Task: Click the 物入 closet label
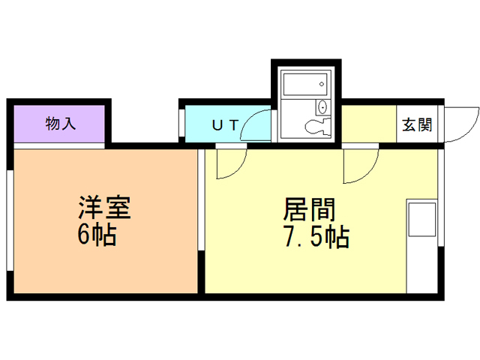coord(61,124)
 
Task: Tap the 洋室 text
coord(105,208)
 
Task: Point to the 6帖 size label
coord(97,235)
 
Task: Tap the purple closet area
coord(60,124)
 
